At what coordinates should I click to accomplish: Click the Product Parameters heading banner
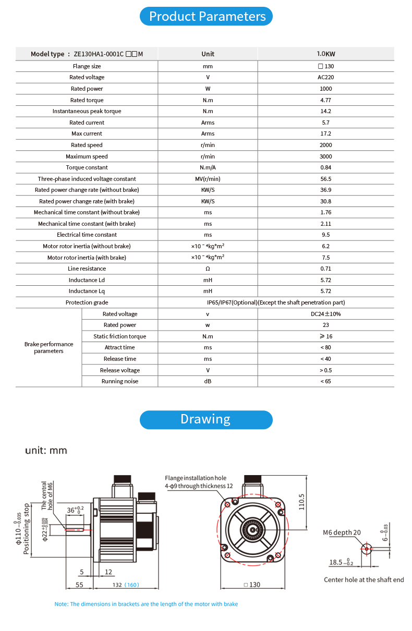(x=207, y=17)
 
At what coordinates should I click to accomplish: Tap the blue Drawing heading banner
(x=206, y=419)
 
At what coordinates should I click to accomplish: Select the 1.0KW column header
(x=325, y=54)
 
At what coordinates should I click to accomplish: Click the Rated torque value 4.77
(x=325, y=100)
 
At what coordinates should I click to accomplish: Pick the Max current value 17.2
(x=325, y=134)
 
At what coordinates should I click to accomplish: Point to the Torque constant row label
(x=87, y=167)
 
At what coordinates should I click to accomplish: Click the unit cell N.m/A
(x=208, y=167)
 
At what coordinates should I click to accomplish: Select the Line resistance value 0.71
(x=325, y=269)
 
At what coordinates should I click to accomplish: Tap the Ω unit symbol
(x=208, y=269)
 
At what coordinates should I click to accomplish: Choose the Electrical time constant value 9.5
(x=325, y=235)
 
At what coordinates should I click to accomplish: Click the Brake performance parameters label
(x=49, y=347)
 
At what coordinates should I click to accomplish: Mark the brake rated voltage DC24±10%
(x=325, y=314)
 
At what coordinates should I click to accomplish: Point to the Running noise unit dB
(x=208, y=381)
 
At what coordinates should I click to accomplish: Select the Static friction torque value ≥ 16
(x=325, y=336)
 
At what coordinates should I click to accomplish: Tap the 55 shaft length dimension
(x=79, y=585)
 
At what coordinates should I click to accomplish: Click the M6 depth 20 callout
(x=342, y=532)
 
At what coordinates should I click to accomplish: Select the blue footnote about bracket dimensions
(x=146, y=604)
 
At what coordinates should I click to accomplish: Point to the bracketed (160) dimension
(x=131, y=585)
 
